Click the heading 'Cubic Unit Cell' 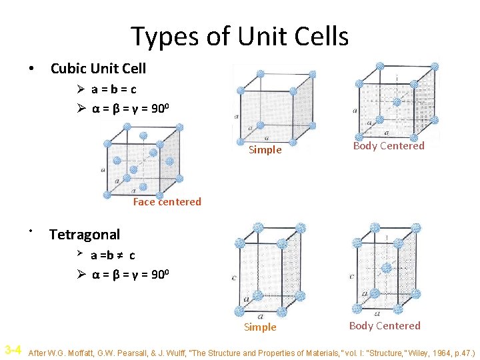click(x=98, y=68)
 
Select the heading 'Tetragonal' click(x=85, y=234)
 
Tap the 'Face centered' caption click(x=167, y=201)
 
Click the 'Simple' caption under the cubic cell click(x=265, y=150)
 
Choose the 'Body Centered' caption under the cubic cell click(x=388, y=146)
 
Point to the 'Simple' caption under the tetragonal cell click(x=259, y=327)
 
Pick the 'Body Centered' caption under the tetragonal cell click(x=385, y=326)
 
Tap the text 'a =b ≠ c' click(x=113, y=255)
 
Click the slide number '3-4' click(x=13, y=350)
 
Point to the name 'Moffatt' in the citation click(x=95, y=351)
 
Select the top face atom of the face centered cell click(x=143, y=136)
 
